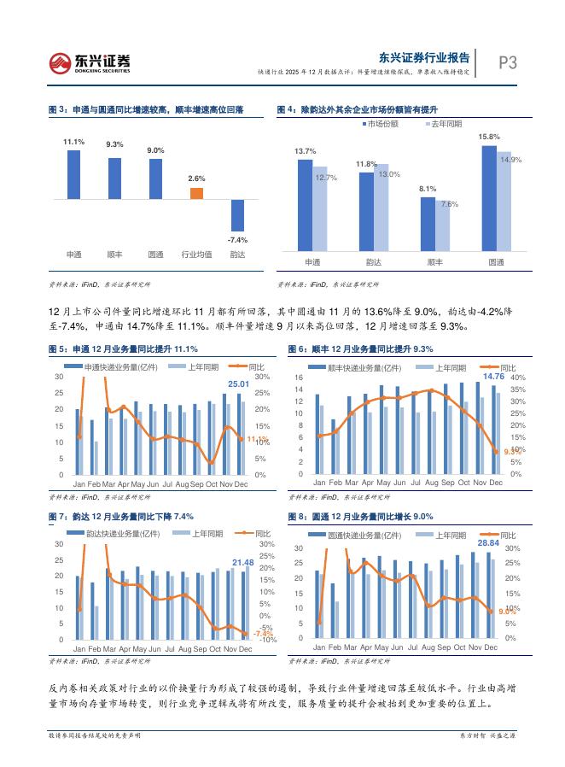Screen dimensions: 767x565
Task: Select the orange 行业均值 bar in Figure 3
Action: coord(196,193)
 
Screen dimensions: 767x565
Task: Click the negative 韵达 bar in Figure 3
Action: coord(237,214)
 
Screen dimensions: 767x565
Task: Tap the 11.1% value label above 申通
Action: coord(73,142)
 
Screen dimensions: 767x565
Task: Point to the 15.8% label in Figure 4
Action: coord(489,137)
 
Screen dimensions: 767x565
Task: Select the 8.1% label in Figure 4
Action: coord(428,189)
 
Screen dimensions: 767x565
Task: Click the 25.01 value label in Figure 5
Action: coord(238,384)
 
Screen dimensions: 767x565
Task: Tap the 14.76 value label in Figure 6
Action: coord(493,376)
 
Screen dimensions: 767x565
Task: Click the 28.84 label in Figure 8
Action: coord(488,542)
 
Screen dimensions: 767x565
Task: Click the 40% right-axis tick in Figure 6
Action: coord(517,378)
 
